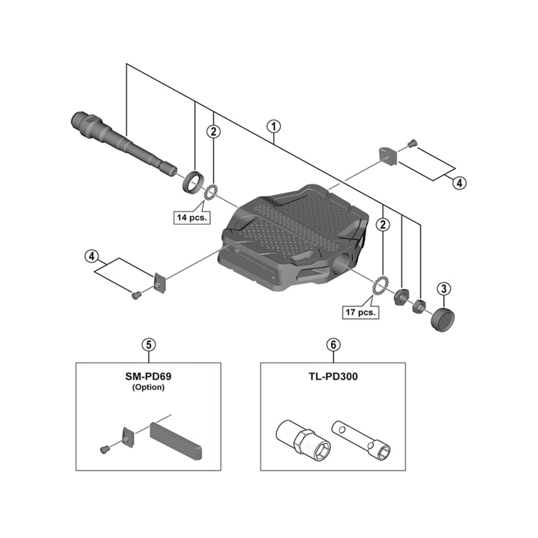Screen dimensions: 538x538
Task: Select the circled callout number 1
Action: pyautogui.click(x=273, y=126)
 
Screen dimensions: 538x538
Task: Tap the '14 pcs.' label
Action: pyautogui.click(x=192, y=217)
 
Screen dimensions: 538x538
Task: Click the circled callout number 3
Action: pyautogui.click(x=443, y=289)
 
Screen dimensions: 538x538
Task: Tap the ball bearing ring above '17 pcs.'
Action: pyautogui.click(x=379, y=286)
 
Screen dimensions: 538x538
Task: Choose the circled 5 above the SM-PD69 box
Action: pyautogui.click(x=149, y=344)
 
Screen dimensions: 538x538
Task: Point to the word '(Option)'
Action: pyautogui.click(x=149, y=388)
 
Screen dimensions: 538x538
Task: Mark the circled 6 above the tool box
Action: pyautogui.click(x=333, y=344)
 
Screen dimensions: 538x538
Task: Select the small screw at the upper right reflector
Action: pyautogui.click(x=412, y=143)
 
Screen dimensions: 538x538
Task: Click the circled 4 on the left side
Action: pyautogui.click(x=92, y=256)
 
